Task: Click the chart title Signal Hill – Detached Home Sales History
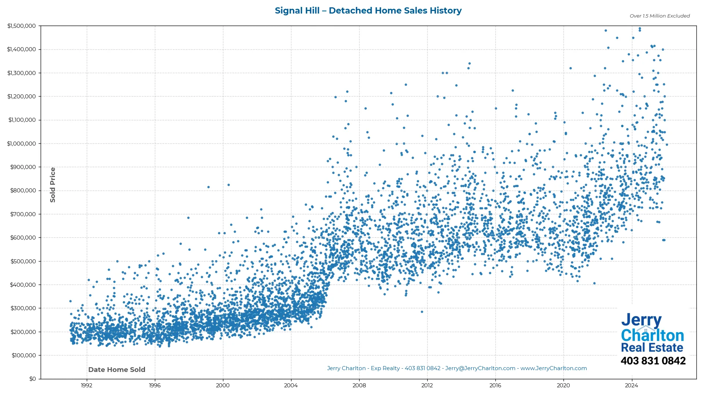pyautogui.click(x=368, y=11)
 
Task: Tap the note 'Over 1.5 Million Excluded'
pyautogui.click(x=659, y=16)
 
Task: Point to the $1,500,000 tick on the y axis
pyautogui.click(x=22, y=26)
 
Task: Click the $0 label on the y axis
pyautogui.click(x=33, y=379)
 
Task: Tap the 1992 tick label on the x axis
pyautogui.click(x=86, y=385)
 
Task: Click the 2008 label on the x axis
pyautogui.click(x=359, y=385)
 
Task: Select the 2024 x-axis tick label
pyautogui.click(x=631, y=385)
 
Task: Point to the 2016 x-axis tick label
pyautogui.click(x=495, y=385)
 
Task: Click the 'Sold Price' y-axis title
pyautogui.click(x=53, y=185)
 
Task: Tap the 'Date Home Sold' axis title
pyautogui.click(x=117, y=370)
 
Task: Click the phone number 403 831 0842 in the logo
pyautogui.click(x=653, y=361)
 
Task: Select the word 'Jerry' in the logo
pyautogui.click(x=641, y=320)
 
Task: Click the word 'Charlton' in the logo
pyautogui.click(x=652, y=335)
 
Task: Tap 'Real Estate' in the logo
pyautogui.click(x=652, y=347)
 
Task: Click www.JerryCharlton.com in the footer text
pyautogui.click(x=554, y=368)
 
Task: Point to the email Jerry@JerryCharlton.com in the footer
pyautogui.click(x=480, y=368)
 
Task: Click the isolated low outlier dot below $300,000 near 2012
pyautogui.click(x=422, y=312)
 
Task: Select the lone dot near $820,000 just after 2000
pyautogui.click(x=228, y=185)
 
